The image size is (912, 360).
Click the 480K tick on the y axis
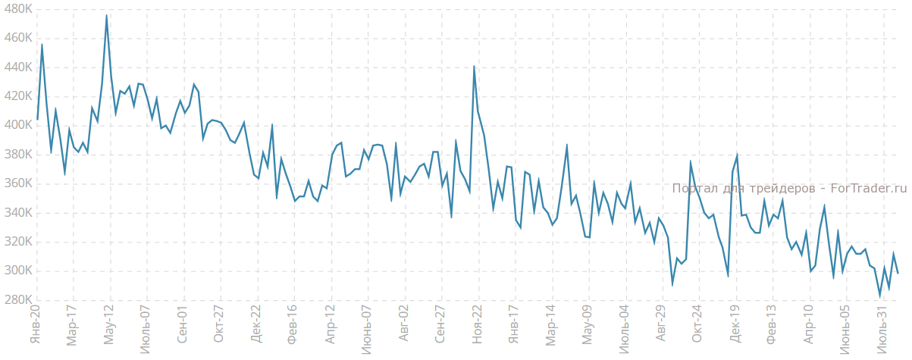tap(17, 8)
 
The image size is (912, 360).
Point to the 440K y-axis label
tap(17, 67)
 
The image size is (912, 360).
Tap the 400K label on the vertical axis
tap(17, 125)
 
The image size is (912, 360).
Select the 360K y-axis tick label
tap(17, 183)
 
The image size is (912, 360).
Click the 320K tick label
tap(17, 242)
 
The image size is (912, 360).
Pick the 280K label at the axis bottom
tap(17, 300)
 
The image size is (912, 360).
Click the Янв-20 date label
tap(35, 324)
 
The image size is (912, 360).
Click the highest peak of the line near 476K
tap(106, 15)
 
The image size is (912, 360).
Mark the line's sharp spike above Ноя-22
tap(474, 66)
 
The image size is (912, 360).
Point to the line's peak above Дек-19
tap(737, 155)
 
